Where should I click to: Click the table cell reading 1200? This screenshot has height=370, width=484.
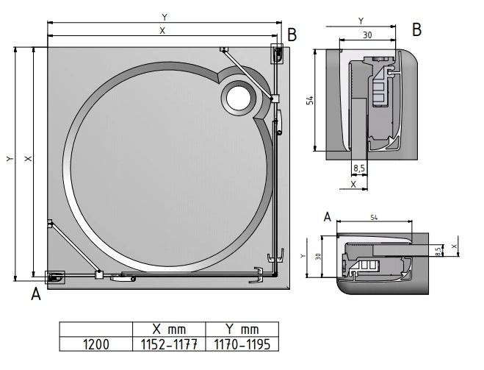(x=95, y=343)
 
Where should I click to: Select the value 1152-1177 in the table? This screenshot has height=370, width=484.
(x=167, y=343)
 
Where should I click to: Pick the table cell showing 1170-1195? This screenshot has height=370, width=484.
(x=242, y=343)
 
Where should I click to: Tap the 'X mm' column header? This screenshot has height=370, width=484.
(x=167, y=329)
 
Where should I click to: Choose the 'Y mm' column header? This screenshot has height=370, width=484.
(x=242, y=329)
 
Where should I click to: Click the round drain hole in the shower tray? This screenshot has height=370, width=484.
(x=239, y=97)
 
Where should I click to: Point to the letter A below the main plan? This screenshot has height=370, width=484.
(x=35, y=295)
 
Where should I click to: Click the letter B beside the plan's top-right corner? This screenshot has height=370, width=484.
(x=292, y=34)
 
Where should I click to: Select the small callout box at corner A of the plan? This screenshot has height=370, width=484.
(x=55, y=277)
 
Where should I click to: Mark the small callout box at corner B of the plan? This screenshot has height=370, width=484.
(x=279, y=53)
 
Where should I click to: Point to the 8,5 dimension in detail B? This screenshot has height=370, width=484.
(x=359, y=169)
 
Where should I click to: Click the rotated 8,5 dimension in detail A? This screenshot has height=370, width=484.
(x=438, y=250)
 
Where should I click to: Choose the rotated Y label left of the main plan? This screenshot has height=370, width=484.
(x=9, y=159)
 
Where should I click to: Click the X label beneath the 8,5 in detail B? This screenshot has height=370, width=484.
(x=353, y=185)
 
